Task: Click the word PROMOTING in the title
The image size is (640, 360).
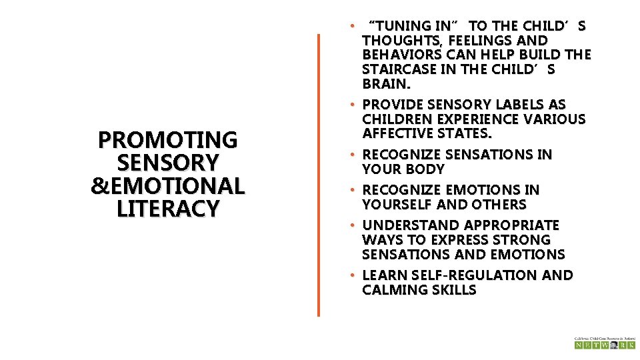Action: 167,140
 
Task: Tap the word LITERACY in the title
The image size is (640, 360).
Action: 167,209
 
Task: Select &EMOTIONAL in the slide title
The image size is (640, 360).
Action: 167,186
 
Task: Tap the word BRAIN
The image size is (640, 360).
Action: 385,84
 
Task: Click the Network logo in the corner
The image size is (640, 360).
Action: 604,343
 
